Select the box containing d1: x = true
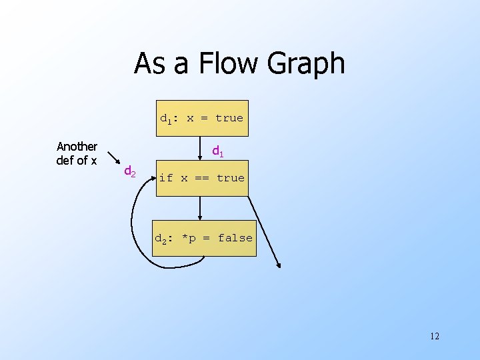pyautogui.click(x=201, y=118)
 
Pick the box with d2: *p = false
pyautogui.click(x=204, y=238)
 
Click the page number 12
pyautogui.click(x=435, y=335)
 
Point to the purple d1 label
pyautogui.click(x=218, y=152)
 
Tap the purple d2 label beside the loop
pyautogui.click(x=130, y=172)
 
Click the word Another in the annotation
pyautogui.click(x=77, y=146)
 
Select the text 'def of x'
pyautogui.click(x=77, y=161)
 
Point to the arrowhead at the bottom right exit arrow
pyautogui.click(x=279, y=265)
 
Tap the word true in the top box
pyautogui.click(x=229, y=118)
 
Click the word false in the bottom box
pyautogui.click(x=235, y=238)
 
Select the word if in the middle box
pyautogui.click(x=166, y=178)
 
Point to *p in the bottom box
pyautogui.click(x=189, y=238)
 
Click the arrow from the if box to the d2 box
pyautogui.click(x=200, y=208)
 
